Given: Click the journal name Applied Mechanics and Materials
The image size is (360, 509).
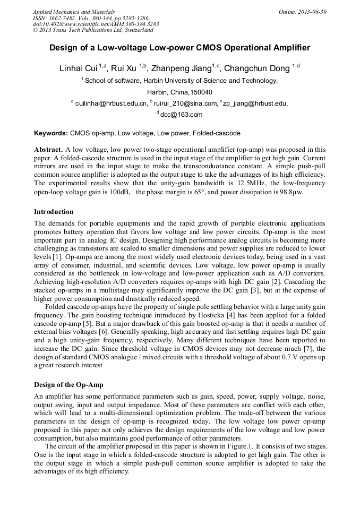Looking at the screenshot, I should (74, 11).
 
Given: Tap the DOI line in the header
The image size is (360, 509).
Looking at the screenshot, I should (96, 24).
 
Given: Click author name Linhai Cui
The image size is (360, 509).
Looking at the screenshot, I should (78, 69).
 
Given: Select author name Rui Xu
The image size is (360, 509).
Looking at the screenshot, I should (124, 69).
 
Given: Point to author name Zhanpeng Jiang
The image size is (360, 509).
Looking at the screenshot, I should (181, 69).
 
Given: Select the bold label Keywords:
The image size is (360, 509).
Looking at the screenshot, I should (51, 133).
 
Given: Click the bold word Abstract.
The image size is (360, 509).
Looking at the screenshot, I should (49, 150).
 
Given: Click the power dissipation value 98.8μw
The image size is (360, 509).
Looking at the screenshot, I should (300, 192).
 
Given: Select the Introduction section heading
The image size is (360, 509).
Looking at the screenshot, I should (54, 212).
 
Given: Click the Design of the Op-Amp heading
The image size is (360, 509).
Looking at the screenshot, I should (68, 384).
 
